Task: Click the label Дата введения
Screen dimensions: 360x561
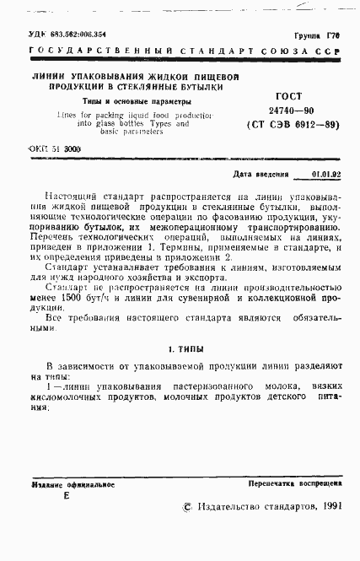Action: (257, 175)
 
